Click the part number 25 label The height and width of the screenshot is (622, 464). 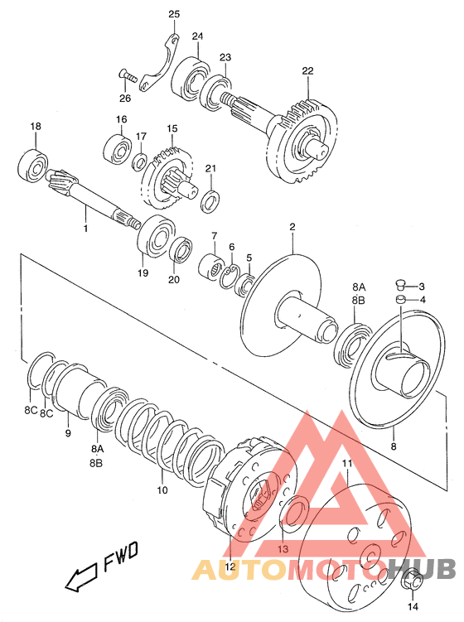coord(174,14)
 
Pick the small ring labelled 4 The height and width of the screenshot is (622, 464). coord(400,299)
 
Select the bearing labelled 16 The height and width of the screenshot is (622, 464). coord(118,150)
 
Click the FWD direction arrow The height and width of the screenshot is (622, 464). coord(81,576)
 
